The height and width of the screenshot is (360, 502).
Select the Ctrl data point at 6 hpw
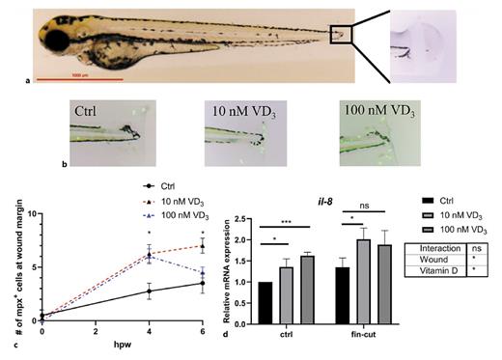(201, 283)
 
